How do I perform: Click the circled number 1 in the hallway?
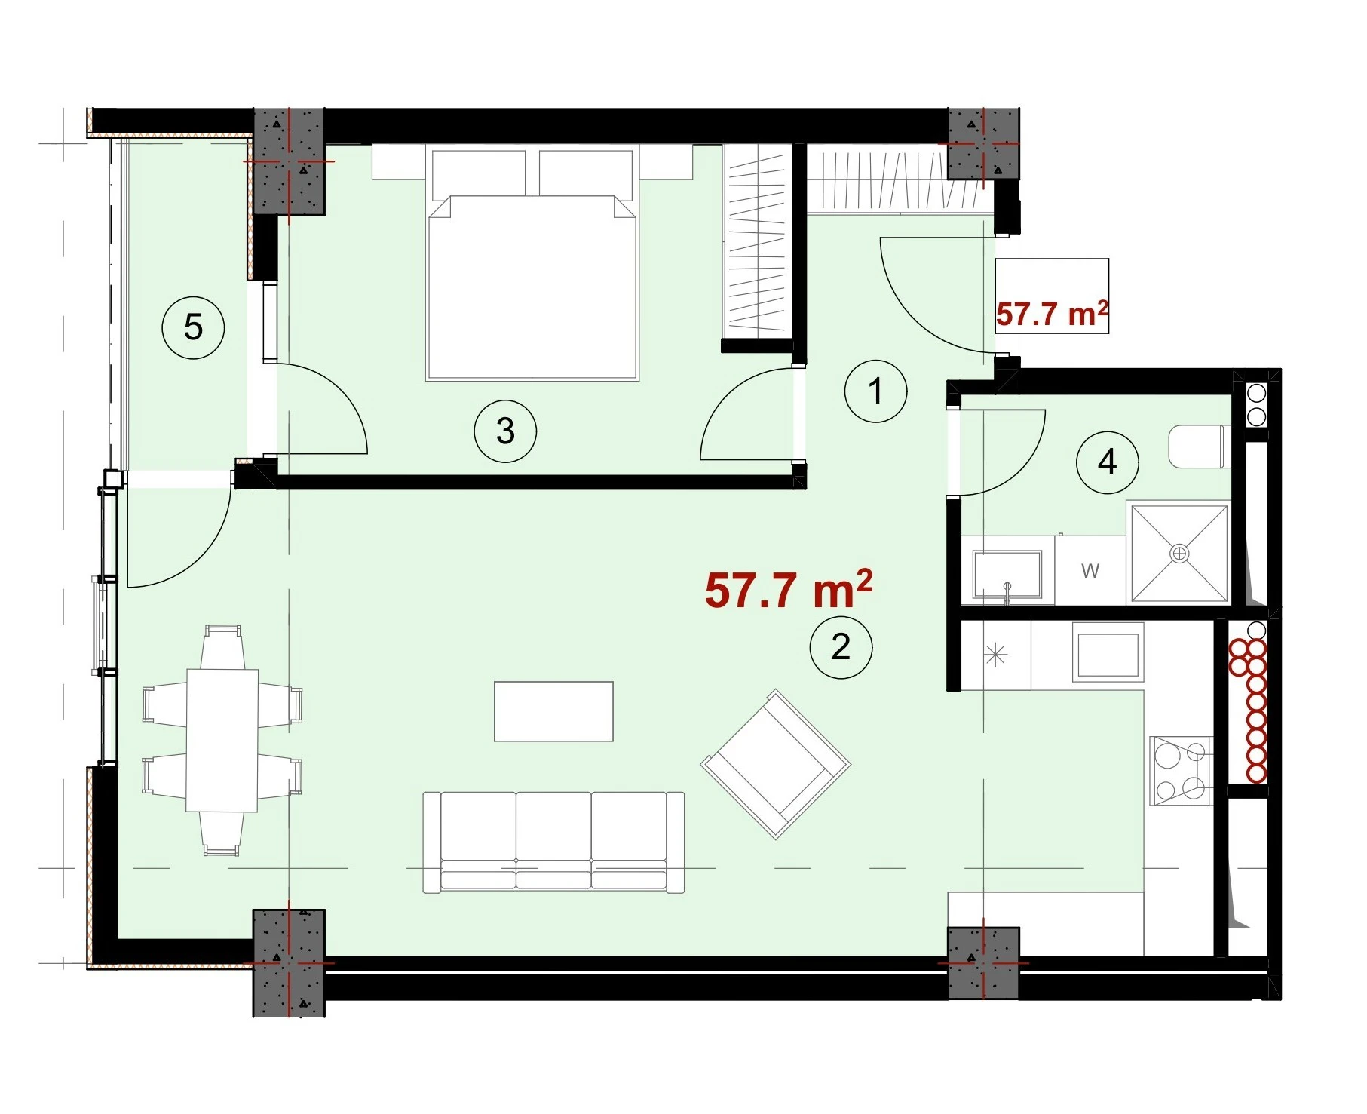pos(875,391)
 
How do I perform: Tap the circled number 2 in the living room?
pos(841,647)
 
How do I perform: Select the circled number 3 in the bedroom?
pos(505,431)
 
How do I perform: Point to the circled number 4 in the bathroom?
pos(1107,462)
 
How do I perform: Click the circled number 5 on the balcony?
pos(194,327)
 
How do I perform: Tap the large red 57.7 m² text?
pos(789,588)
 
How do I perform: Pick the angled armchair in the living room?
pos(776,764)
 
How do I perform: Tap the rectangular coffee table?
pos(553,711)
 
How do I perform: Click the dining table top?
pos(222,740)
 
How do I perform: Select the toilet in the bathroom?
pos(1199,447)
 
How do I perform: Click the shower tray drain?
pos(1179,554)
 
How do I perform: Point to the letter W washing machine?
pos(1090,571)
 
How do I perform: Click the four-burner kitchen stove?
pos(1181,771)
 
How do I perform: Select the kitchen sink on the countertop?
pos(1108,653)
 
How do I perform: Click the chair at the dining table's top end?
pos(222,647)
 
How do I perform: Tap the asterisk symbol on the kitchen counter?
pos(995,655)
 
